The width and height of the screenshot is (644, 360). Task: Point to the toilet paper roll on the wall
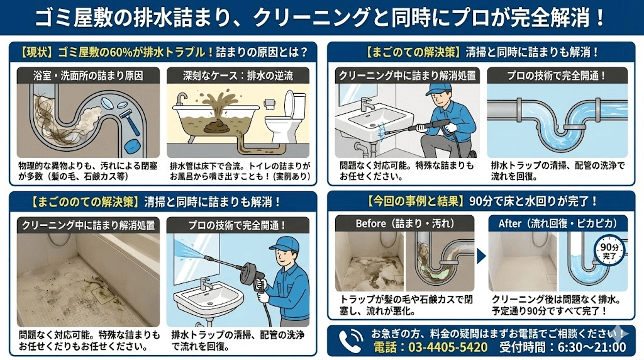pyautogui.click(x=269, y=101)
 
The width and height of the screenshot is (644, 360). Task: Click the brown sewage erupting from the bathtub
pyautogui.click(x=216, y=113)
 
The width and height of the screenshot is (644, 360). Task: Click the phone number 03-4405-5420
pyautogui.click(x=430, y=347)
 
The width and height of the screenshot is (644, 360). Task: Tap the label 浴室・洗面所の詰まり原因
pyautogui.click(x=88, y=76)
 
